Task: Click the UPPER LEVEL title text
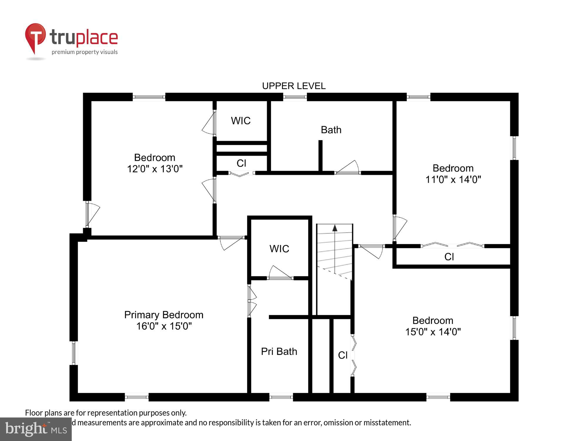point(294,86)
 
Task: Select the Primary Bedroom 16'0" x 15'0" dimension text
point(164,326)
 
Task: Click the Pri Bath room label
point(279,351)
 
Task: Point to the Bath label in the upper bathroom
point(331,130)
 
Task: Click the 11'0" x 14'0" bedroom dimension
point(453,179)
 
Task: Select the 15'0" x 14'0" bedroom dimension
point(433,332)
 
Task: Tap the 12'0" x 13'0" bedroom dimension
point(155,169)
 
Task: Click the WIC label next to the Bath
point(240,121)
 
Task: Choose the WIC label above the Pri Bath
point(279,249)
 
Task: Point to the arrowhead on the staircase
point(335,228)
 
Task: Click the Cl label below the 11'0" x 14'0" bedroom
point(449,257)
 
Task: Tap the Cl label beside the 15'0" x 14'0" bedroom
point(343,355)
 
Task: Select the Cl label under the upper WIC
point(241,163)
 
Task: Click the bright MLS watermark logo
point(36,429)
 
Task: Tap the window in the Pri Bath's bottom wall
point(281,397)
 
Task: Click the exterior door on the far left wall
point(92,214)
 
